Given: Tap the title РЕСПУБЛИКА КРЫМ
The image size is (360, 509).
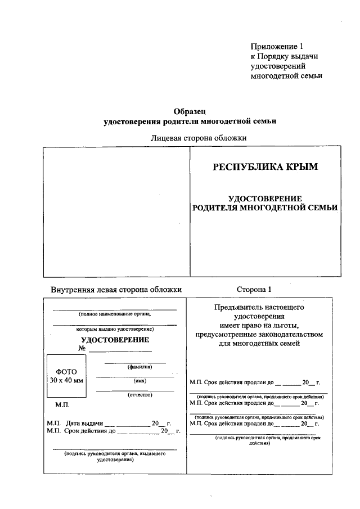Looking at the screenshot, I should (264, 166).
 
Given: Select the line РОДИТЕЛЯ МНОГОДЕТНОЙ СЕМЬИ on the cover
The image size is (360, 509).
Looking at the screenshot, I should (265, 208).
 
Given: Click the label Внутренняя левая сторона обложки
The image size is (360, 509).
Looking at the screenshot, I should (116, 289).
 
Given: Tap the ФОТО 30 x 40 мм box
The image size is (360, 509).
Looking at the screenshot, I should (66, 376).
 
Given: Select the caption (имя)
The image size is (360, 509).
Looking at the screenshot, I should (135, 381).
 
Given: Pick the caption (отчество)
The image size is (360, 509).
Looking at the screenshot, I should (135, 395).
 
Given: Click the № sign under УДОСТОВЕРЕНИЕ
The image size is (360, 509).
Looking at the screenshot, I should (82, 349).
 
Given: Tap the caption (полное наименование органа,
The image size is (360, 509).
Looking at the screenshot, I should (115, 314).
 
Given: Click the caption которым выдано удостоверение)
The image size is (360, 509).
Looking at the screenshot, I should (115, 328).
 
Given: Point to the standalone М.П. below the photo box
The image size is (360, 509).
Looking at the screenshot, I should (62, 404).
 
